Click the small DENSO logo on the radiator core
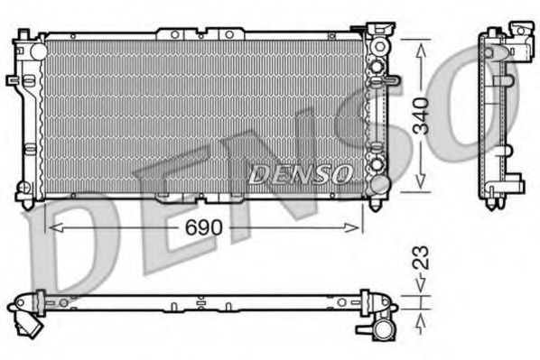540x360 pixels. point(294,173)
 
